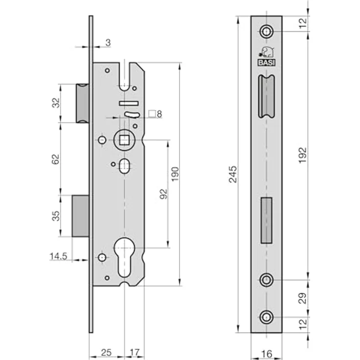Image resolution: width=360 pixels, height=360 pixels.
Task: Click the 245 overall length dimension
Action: (233, 174)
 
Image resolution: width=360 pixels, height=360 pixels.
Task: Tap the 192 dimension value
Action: (303, 156)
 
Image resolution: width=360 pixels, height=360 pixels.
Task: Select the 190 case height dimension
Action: (175, 174)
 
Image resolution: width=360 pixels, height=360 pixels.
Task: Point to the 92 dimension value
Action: (163, 194)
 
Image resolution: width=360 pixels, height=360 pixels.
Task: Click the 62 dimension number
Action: (55, 159)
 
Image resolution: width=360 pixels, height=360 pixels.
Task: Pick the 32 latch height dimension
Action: (56, 103)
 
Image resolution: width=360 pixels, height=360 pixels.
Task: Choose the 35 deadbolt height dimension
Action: (56, 216)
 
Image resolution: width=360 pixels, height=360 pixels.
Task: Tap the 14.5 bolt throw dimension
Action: (58, 256)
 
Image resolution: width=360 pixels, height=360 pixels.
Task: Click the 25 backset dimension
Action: (106, 353)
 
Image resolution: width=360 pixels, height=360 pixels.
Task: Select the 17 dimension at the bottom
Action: (135, 353)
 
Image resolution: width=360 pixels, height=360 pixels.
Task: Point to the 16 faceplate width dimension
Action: (267, 354)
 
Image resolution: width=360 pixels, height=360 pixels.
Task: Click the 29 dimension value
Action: (303, 298)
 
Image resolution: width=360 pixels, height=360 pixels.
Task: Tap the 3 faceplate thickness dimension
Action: (108, 43)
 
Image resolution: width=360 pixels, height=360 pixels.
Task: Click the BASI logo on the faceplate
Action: (267, 56)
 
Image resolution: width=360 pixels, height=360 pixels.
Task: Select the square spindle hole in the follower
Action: (124, 140)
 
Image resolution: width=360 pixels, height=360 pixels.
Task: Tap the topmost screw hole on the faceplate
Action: (267, 31)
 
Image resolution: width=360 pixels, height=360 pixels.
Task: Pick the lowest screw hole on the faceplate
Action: (267, 317)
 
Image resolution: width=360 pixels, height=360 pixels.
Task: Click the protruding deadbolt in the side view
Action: (80, 216)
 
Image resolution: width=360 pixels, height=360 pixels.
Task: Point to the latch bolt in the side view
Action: (83, 103)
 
